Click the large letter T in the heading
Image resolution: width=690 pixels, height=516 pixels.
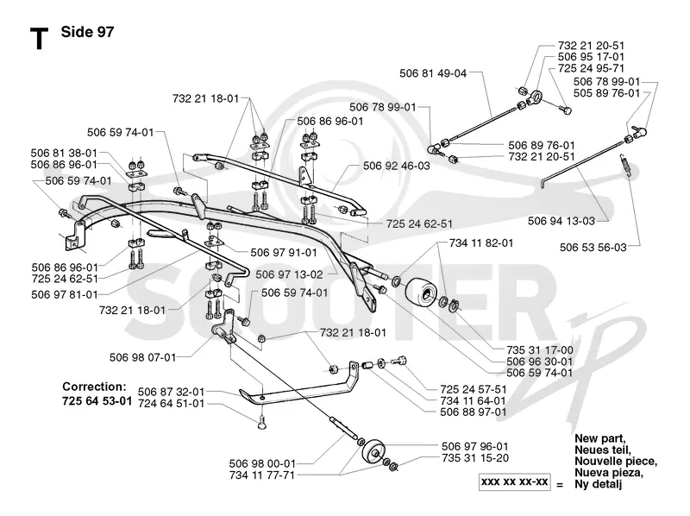click(x=39, y=39)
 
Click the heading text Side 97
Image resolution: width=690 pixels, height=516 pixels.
click(x=87, y=32)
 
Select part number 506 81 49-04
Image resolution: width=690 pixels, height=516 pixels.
click(x=433, y=73)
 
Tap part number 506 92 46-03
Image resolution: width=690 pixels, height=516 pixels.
click(x=397, y=166)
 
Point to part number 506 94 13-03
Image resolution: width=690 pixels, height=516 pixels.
click(x=561, y=221)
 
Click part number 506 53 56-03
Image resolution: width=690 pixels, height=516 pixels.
click(x=593, y=248)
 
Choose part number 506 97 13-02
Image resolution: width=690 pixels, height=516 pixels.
click(x=289, y=274)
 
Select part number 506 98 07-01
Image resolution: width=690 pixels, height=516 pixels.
click(x=142, y=357)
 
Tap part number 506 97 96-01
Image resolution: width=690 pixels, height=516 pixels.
click(x=475, y=446)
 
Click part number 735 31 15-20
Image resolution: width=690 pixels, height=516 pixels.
click(x=475, y=458)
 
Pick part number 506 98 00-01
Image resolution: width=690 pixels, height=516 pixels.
click(x=262, y=463)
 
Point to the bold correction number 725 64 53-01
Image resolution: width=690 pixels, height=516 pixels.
click(x=97, y=401)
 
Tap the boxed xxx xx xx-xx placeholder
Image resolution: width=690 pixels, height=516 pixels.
click(x=514, y=481)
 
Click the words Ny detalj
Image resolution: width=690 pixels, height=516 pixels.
click(x=598, y=485)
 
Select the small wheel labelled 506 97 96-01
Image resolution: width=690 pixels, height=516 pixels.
click(x=373, y=450)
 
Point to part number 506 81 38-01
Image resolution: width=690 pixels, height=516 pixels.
click(x=64, y=154)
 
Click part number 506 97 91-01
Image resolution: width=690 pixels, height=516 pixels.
click(x=284, y=253)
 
